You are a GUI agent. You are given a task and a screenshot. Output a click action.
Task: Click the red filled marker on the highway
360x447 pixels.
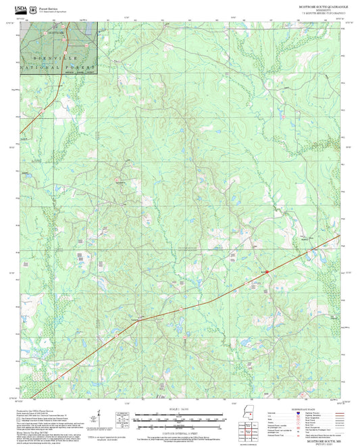[x=267, y=271]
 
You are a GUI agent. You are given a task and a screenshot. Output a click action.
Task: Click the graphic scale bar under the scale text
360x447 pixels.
[x=178, y=419]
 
